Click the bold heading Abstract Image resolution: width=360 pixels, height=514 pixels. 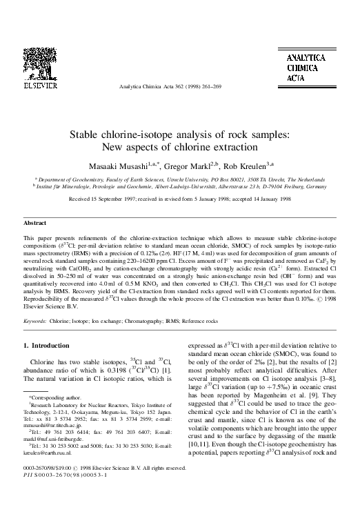point(35,205)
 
